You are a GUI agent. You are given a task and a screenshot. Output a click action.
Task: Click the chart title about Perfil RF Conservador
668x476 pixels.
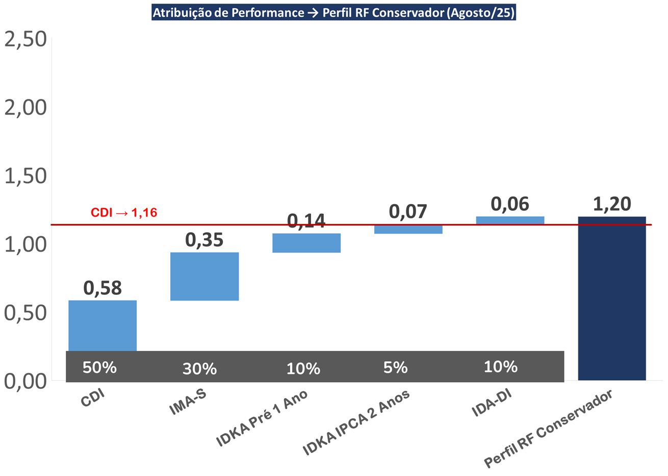point(334,12)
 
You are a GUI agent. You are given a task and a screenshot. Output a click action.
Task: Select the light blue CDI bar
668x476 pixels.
point(102,325)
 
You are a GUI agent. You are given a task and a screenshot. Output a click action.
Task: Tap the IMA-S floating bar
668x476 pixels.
point(204,276)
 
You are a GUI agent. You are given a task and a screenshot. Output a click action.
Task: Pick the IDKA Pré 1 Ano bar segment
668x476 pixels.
point(306,243)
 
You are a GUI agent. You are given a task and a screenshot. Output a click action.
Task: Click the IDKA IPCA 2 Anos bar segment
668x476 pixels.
point(408,229)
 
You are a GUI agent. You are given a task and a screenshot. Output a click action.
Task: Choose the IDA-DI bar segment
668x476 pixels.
point(510,220)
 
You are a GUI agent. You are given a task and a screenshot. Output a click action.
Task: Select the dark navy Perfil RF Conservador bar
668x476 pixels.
point(612,298)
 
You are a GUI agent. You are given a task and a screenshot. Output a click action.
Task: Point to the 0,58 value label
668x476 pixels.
point(102,288)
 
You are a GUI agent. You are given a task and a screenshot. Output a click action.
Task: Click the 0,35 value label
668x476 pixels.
point(204,240)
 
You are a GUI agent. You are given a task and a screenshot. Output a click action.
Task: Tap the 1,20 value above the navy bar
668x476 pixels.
point(612,204)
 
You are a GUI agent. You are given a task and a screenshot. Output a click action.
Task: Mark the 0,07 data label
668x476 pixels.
point(408,211)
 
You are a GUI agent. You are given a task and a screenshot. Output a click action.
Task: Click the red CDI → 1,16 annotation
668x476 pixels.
point(124,213)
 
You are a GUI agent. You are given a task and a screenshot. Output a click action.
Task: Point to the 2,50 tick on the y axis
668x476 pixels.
point(25,39)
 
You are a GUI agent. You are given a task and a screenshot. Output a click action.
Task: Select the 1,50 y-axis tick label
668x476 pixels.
point(25,176)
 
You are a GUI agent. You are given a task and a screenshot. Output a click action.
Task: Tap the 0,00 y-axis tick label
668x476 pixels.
point(25,381)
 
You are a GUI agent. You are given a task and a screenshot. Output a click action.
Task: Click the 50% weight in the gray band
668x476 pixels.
point(100,367)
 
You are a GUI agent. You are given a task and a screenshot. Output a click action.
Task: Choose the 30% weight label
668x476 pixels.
point(199,368)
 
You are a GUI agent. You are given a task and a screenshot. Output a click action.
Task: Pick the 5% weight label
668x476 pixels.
point(396,367)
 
